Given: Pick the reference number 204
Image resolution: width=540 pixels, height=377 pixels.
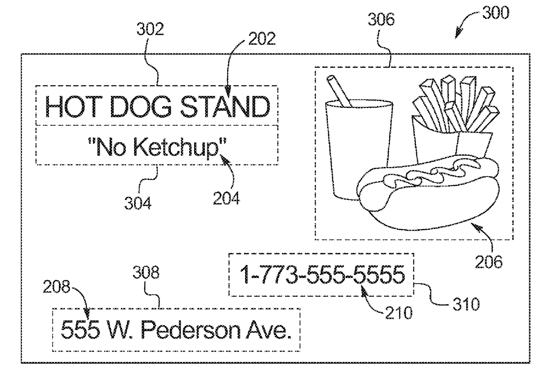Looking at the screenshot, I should (226, 198).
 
